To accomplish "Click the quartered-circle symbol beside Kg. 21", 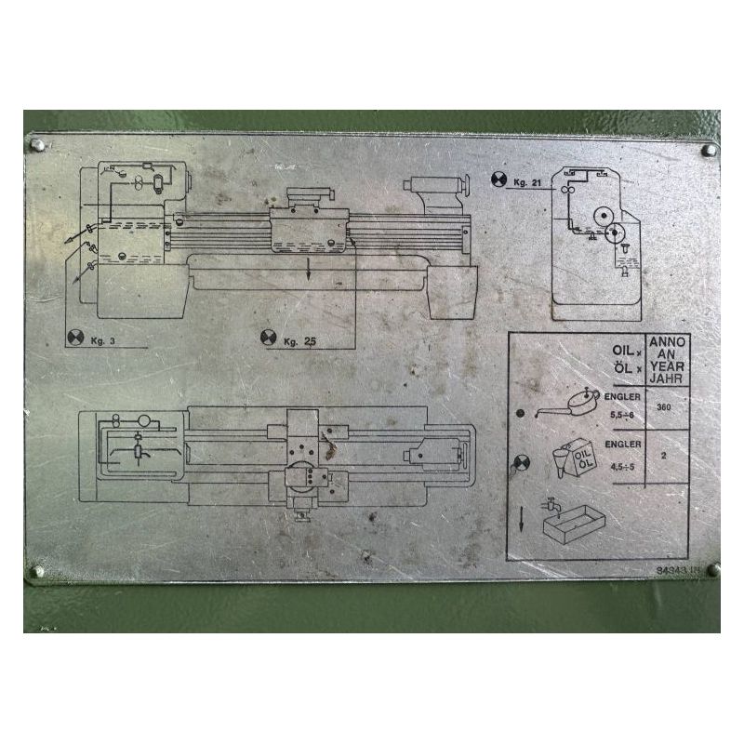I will tap(498, 179).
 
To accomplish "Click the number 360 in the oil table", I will tap(664, 406).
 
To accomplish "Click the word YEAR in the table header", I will tap(668, 365).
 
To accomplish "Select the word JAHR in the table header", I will tap(668, 378).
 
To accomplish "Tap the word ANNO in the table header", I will tap(668, 342).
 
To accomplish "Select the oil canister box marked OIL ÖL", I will tap(583, 458).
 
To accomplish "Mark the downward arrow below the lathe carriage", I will tap(308, 270).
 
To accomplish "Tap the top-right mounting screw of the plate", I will tap(709, 149).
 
